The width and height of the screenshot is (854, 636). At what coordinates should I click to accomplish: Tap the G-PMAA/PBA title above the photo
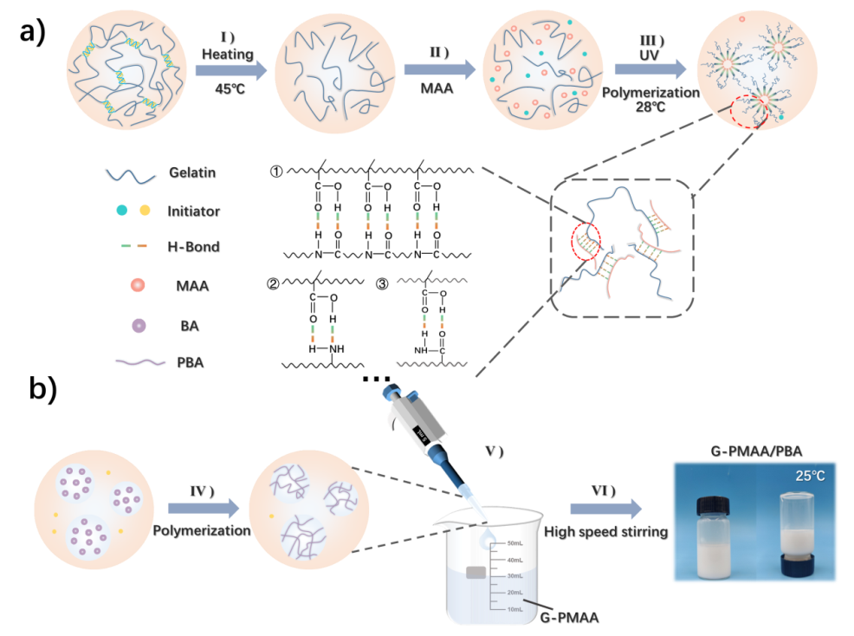tap(753, 449)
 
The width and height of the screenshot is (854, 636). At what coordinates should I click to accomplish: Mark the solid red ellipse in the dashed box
tap(586, 243)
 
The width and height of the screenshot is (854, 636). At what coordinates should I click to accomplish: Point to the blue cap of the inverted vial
tap(797, 566)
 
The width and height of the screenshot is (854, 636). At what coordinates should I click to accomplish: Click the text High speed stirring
tap(605, 532)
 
